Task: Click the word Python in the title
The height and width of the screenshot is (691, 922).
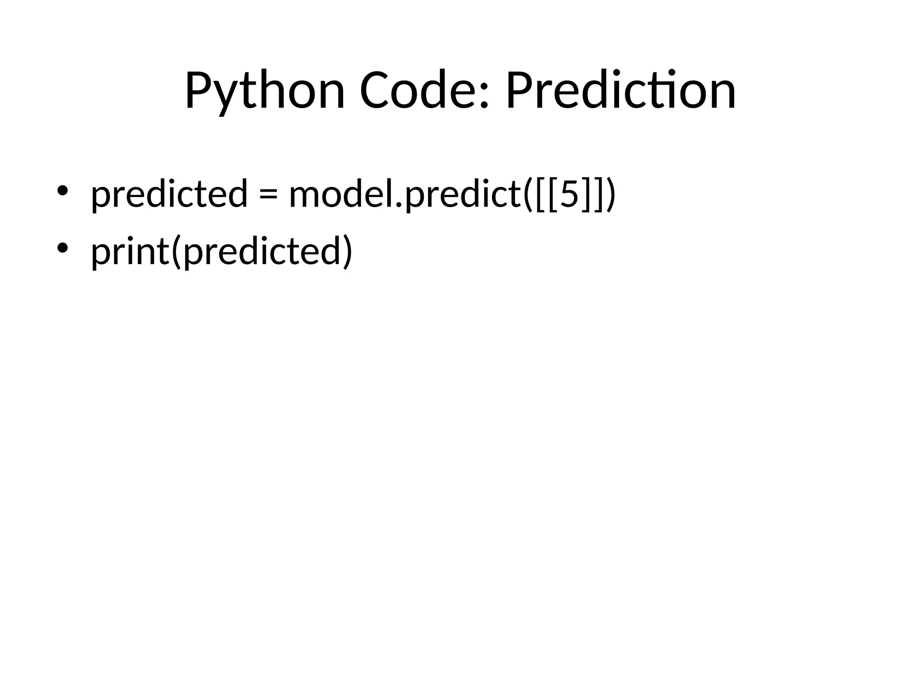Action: pyautogui.click(x=265, y=91)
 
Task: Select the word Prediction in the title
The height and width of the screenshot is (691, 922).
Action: pyautogui.click(x=621, y=91)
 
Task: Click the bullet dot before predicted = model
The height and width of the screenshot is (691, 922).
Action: pyautogui.click(x=62, y=191)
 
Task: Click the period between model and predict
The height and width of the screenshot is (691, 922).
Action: pyautogui.click(x=398, y=205)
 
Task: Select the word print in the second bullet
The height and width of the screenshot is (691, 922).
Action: pyautogui.click(x=130, y=251)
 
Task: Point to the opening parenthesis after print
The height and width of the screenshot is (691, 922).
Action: pyautogui.click(x=176, y=251)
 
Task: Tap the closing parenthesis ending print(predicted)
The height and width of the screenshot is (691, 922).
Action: pyautogui.click(x=348, y=251)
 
